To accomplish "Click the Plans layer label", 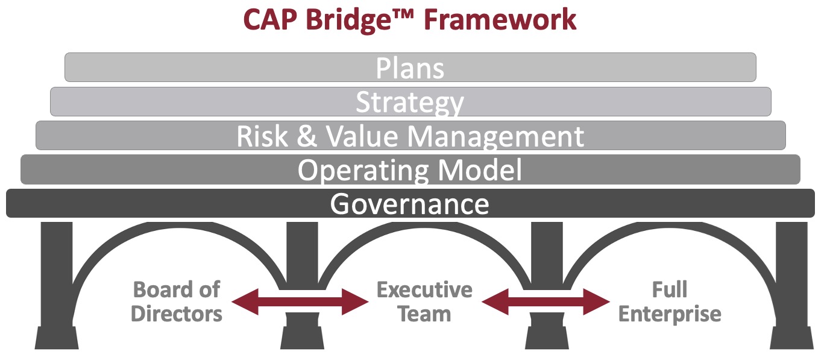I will click(410, 68).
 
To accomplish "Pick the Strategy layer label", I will click(410, 102).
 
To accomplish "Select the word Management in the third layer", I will click(497, 137).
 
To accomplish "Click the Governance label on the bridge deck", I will click(410, 204).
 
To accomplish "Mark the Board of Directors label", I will click(177, 302).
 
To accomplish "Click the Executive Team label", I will click(424, 302).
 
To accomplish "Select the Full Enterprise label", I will click(670, 302).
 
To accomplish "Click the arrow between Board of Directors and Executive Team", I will click(300, 301).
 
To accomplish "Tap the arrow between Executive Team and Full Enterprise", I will click(546, 301).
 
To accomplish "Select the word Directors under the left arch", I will click(177, 314).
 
